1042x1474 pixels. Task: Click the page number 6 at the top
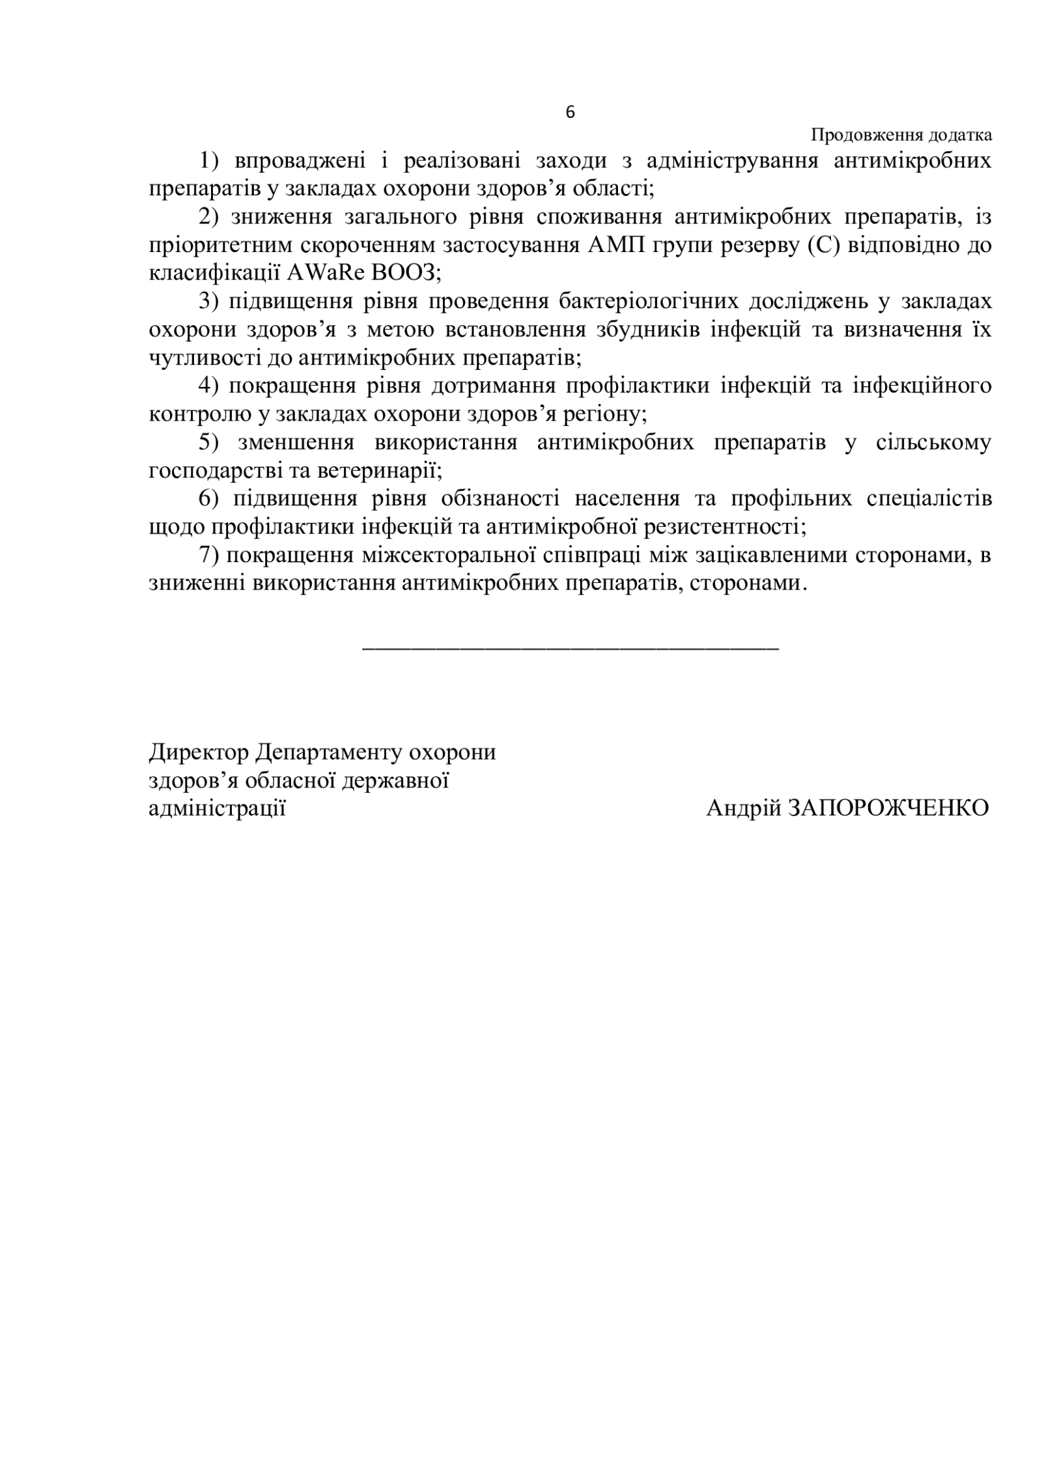[570, 113]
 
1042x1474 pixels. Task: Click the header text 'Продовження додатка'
[901, 135]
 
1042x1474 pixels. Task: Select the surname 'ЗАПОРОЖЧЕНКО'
[888, 808]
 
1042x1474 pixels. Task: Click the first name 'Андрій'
[744, 808]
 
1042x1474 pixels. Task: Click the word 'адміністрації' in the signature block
[218, 808]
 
